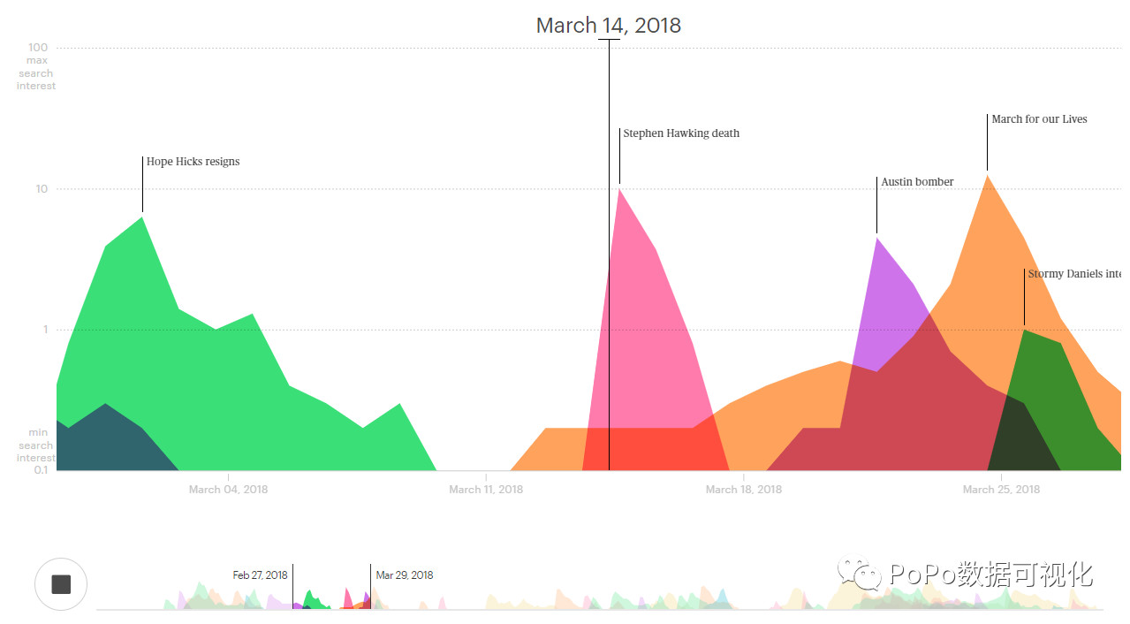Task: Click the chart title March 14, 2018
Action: [608, 26]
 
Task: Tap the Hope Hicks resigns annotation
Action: [193, 162]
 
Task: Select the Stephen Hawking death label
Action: [681, 133]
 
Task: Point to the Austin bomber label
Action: [917, 182]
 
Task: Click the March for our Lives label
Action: [1039, 119]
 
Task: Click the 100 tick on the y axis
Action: [38, 48]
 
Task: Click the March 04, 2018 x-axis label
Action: [228, 490]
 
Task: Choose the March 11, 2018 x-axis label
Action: [485, 490]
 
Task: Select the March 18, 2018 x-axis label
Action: [743, 490]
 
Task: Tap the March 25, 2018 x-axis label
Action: [1001, 490]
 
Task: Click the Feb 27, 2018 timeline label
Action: [260, 575]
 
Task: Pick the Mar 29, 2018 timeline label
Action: [405, 575]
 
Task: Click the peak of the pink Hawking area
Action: [620, 189]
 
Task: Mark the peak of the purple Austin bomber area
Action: [876, 238]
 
